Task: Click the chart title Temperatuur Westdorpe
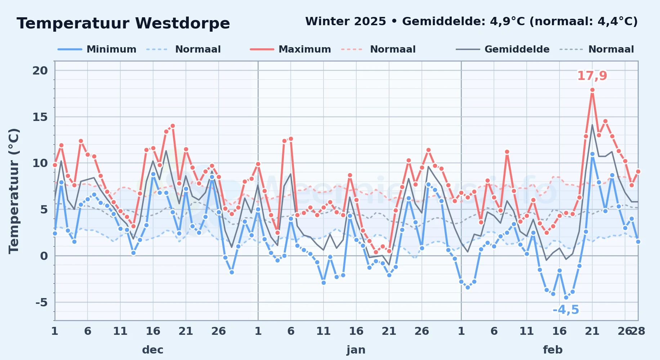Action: coord(123,23)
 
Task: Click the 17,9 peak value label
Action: coord(592,76)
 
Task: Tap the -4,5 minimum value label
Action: coord(566,310)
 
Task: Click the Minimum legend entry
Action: coord(97,49)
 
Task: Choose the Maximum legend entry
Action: coord(290,49)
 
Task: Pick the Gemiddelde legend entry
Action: coord(503,49)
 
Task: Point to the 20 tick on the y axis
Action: coord(40,71)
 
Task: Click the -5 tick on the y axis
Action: coord(41,302)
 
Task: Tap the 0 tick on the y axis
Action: coord(44,256)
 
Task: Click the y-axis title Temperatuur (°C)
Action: coord(14,191)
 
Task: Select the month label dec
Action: coord(153,350)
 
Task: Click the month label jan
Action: coord(356,350)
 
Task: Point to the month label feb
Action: coord(553,350)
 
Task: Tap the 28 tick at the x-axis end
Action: coord(638,331)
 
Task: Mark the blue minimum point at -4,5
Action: coord(566,297)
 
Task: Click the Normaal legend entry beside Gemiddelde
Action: coord(597,49)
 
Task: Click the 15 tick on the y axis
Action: coord(40,117)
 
